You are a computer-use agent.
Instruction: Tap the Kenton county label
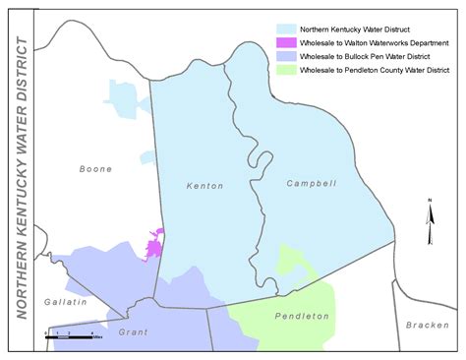click(205, 185)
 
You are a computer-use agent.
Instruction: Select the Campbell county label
click(311, 184)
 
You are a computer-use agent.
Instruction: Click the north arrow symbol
click(430, 222)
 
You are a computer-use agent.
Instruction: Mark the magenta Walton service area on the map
click(155, 244)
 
